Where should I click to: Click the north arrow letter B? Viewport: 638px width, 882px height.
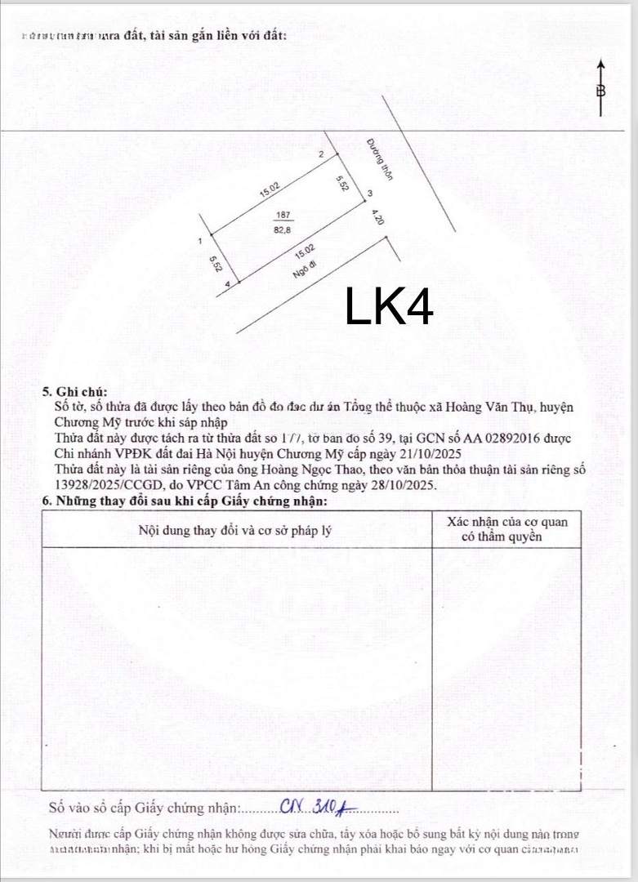coord(600,91)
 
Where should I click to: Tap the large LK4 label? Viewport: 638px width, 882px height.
coord(389,306)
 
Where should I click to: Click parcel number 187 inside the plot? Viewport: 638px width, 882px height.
coord(284,215)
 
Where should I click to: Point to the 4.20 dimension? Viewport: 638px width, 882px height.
coord(377,218)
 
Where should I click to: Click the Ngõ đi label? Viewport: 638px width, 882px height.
coord(304,269)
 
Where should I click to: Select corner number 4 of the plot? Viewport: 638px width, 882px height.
coord(226,283)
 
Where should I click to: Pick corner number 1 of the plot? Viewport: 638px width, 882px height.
coord(200,241)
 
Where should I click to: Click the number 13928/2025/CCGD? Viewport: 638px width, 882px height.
coord(106,485)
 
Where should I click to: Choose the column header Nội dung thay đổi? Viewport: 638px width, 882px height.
coord(235,530)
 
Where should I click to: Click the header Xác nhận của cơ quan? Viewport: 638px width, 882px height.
coord(507,522)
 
